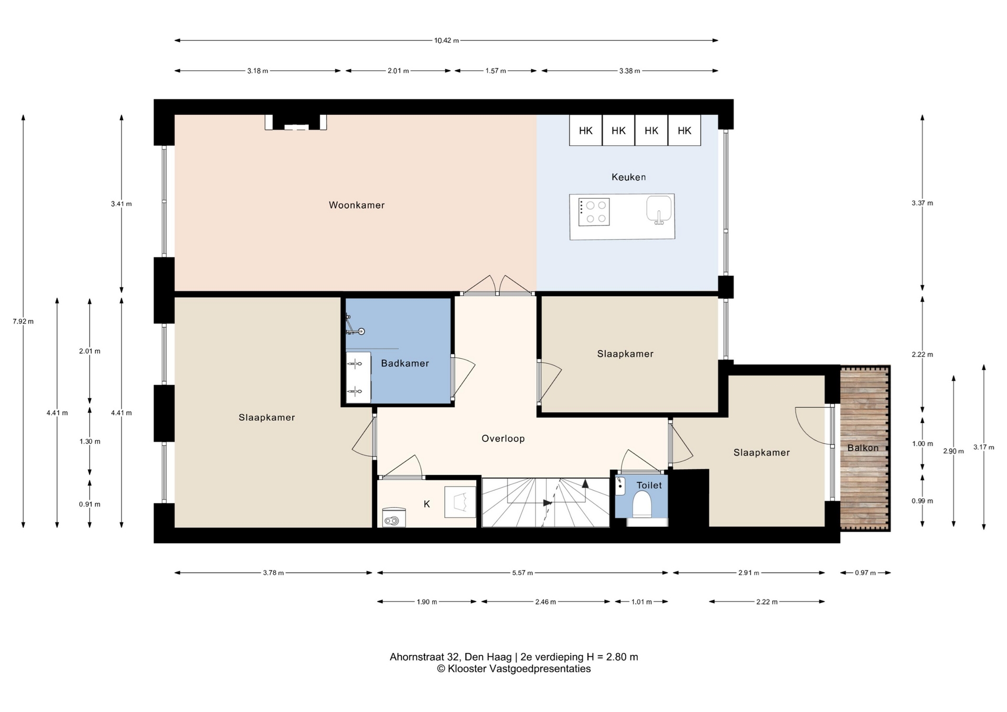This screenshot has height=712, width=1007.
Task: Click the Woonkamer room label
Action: [357, 205]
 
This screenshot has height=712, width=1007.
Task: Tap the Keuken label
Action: [628, 177]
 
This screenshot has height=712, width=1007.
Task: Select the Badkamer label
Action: [405, 363]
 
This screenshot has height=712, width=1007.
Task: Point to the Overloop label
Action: [503, 439]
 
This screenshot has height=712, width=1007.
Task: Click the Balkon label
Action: [863, 448]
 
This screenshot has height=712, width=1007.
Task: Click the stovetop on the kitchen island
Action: [594, 212]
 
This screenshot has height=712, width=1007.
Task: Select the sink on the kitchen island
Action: [659, 209]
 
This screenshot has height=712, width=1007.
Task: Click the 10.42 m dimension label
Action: [446, 40]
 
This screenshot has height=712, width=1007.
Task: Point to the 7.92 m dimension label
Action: [23, 321]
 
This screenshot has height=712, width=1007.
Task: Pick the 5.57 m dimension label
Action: [522, 573]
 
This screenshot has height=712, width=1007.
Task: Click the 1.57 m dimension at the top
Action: [496, 71]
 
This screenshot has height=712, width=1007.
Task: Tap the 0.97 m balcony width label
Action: [865, 573]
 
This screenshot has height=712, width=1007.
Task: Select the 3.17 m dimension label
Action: [984, 447]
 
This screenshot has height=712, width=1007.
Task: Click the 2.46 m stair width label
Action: [545, 602]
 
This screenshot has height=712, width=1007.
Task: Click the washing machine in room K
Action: [394, 517]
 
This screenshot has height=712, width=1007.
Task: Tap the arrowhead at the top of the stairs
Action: [585, 482]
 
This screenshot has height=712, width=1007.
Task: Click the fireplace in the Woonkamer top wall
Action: [296, 122]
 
